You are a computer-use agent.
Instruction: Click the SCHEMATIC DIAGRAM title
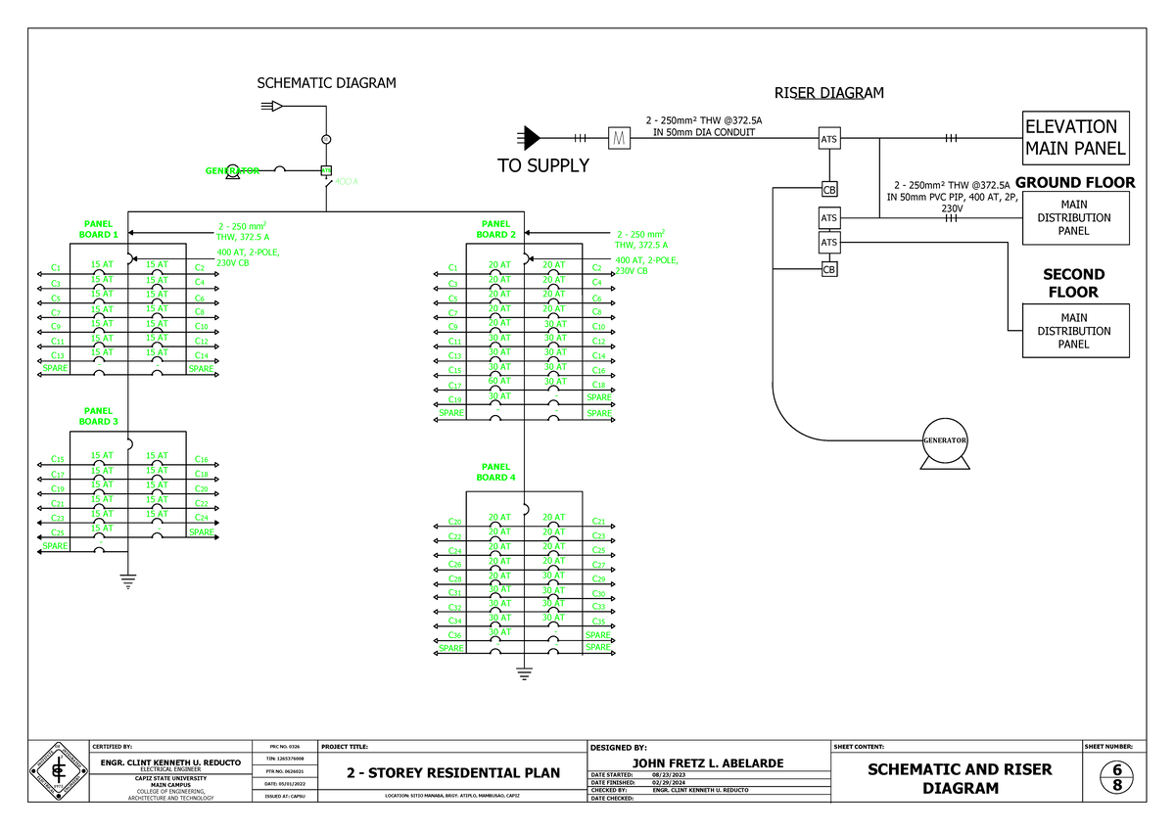pos(326,83)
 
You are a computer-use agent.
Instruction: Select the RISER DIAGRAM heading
pos(828,93)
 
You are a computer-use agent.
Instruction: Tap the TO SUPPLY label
pos(543,166)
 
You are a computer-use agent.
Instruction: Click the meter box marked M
pos(618,139)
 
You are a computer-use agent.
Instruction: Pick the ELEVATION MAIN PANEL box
pos(1075,139)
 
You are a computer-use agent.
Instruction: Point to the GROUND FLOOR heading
pos(1074,182)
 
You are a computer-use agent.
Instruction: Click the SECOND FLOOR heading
pos(1074,283)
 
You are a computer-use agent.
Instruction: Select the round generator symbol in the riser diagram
pos(944,441)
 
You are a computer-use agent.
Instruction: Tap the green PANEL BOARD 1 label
pos(99,229)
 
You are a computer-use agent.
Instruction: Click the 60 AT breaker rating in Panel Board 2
pos(499,381)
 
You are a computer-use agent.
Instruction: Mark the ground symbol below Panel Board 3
pos(127,582)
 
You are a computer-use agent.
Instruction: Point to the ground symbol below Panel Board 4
pos(523,672)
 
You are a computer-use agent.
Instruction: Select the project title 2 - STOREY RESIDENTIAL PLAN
pos(454,773)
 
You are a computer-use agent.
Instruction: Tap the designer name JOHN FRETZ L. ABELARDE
pos(708,763)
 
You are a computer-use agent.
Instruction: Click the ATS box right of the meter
pos(829,140)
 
